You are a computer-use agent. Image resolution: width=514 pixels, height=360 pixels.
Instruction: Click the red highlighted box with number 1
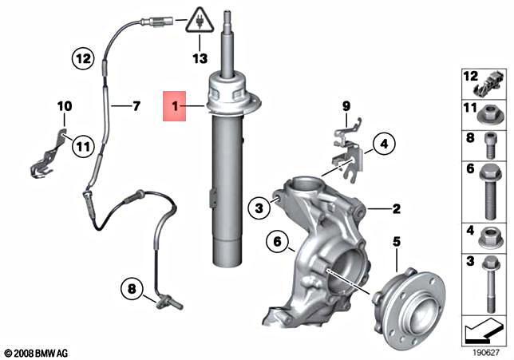(172, 105)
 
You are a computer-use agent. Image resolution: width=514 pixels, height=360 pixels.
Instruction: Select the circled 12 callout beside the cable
(83, 57)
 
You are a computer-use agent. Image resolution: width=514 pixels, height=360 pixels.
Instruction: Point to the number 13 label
(199, 58)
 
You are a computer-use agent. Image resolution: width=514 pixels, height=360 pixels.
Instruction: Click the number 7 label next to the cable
(136, 105)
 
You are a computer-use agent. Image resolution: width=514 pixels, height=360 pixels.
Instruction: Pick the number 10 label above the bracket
(64, 105)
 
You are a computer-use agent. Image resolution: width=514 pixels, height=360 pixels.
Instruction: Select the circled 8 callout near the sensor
(131, 287)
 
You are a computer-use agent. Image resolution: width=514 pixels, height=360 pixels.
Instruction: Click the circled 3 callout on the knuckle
(258, 209)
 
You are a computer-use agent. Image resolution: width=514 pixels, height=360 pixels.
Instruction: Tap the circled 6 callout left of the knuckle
(276, 240)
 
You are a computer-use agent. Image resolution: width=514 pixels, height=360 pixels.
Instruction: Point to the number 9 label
(346, 106)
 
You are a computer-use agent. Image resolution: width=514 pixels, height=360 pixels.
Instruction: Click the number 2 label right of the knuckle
(395, 209)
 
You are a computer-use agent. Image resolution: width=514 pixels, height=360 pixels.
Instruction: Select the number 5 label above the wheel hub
(397, 240)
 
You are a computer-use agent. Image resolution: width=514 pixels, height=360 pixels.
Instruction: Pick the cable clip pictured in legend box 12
(486, 81)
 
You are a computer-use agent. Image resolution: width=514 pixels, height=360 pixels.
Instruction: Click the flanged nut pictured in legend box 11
(486, 114)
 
